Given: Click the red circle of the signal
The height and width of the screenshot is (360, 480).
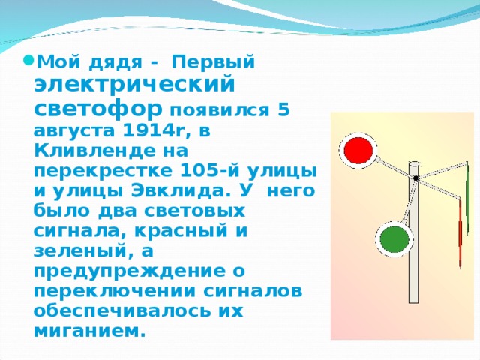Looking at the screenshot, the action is [358, 150].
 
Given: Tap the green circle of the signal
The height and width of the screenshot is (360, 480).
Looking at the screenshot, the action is [394, 239].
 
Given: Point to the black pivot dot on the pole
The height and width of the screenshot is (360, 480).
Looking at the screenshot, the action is [415, 178].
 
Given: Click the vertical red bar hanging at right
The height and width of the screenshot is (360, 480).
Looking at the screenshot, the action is [460, 233].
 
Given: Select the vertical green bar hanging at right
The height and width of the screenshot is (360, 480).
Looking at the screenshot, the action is [467, 198].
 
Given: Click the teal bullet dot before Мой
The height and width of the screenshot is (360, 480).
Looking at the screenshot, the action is [28, 59].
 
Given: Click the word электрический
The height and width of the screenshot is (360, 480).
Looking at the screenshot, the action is [134, 84].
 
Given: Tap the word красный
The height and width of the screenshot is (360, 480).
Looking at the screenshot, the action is [181, 231].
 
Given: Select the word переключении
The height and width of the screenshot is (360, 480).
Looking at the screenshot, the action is [115, 291].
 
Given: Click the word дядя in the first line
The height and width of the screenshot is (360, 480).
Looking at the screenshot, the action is [115, 63].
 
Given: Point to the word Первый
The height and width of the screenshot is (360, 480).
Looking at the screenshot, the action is [213, 62].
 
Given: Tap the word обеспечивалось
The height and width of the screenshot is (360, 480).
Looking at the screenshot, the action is [122, 312].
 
